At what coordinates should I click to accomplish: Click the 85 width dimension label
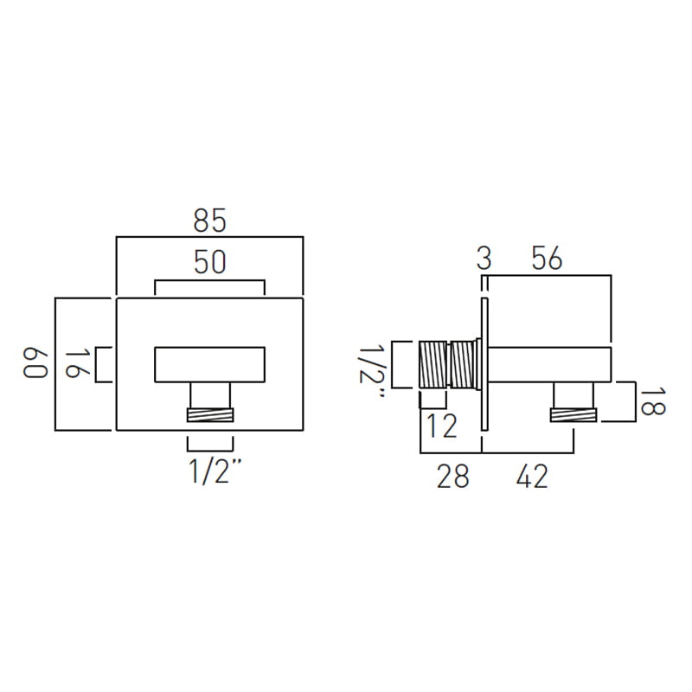coord(209,221)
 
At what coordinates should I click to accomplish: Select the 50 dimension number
coord(209,262)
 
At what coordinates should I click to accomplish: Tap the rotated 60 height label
coord(35,364)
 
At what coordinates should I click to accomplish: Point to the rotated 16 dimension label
coord(78,364)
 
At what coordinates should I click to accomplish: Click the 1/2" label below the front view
coord(215,471)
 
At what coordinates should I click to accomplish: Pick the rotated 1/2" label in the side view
coord(372,370)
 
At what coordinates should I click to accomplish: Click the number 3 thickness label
coord(484,258)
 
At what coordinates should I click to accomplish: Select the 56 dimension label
coord(547,258)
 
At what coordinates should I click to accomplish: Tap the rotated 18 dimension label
coord(652,401)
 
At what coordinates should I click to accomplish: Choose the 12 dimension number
coord(442,426)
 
